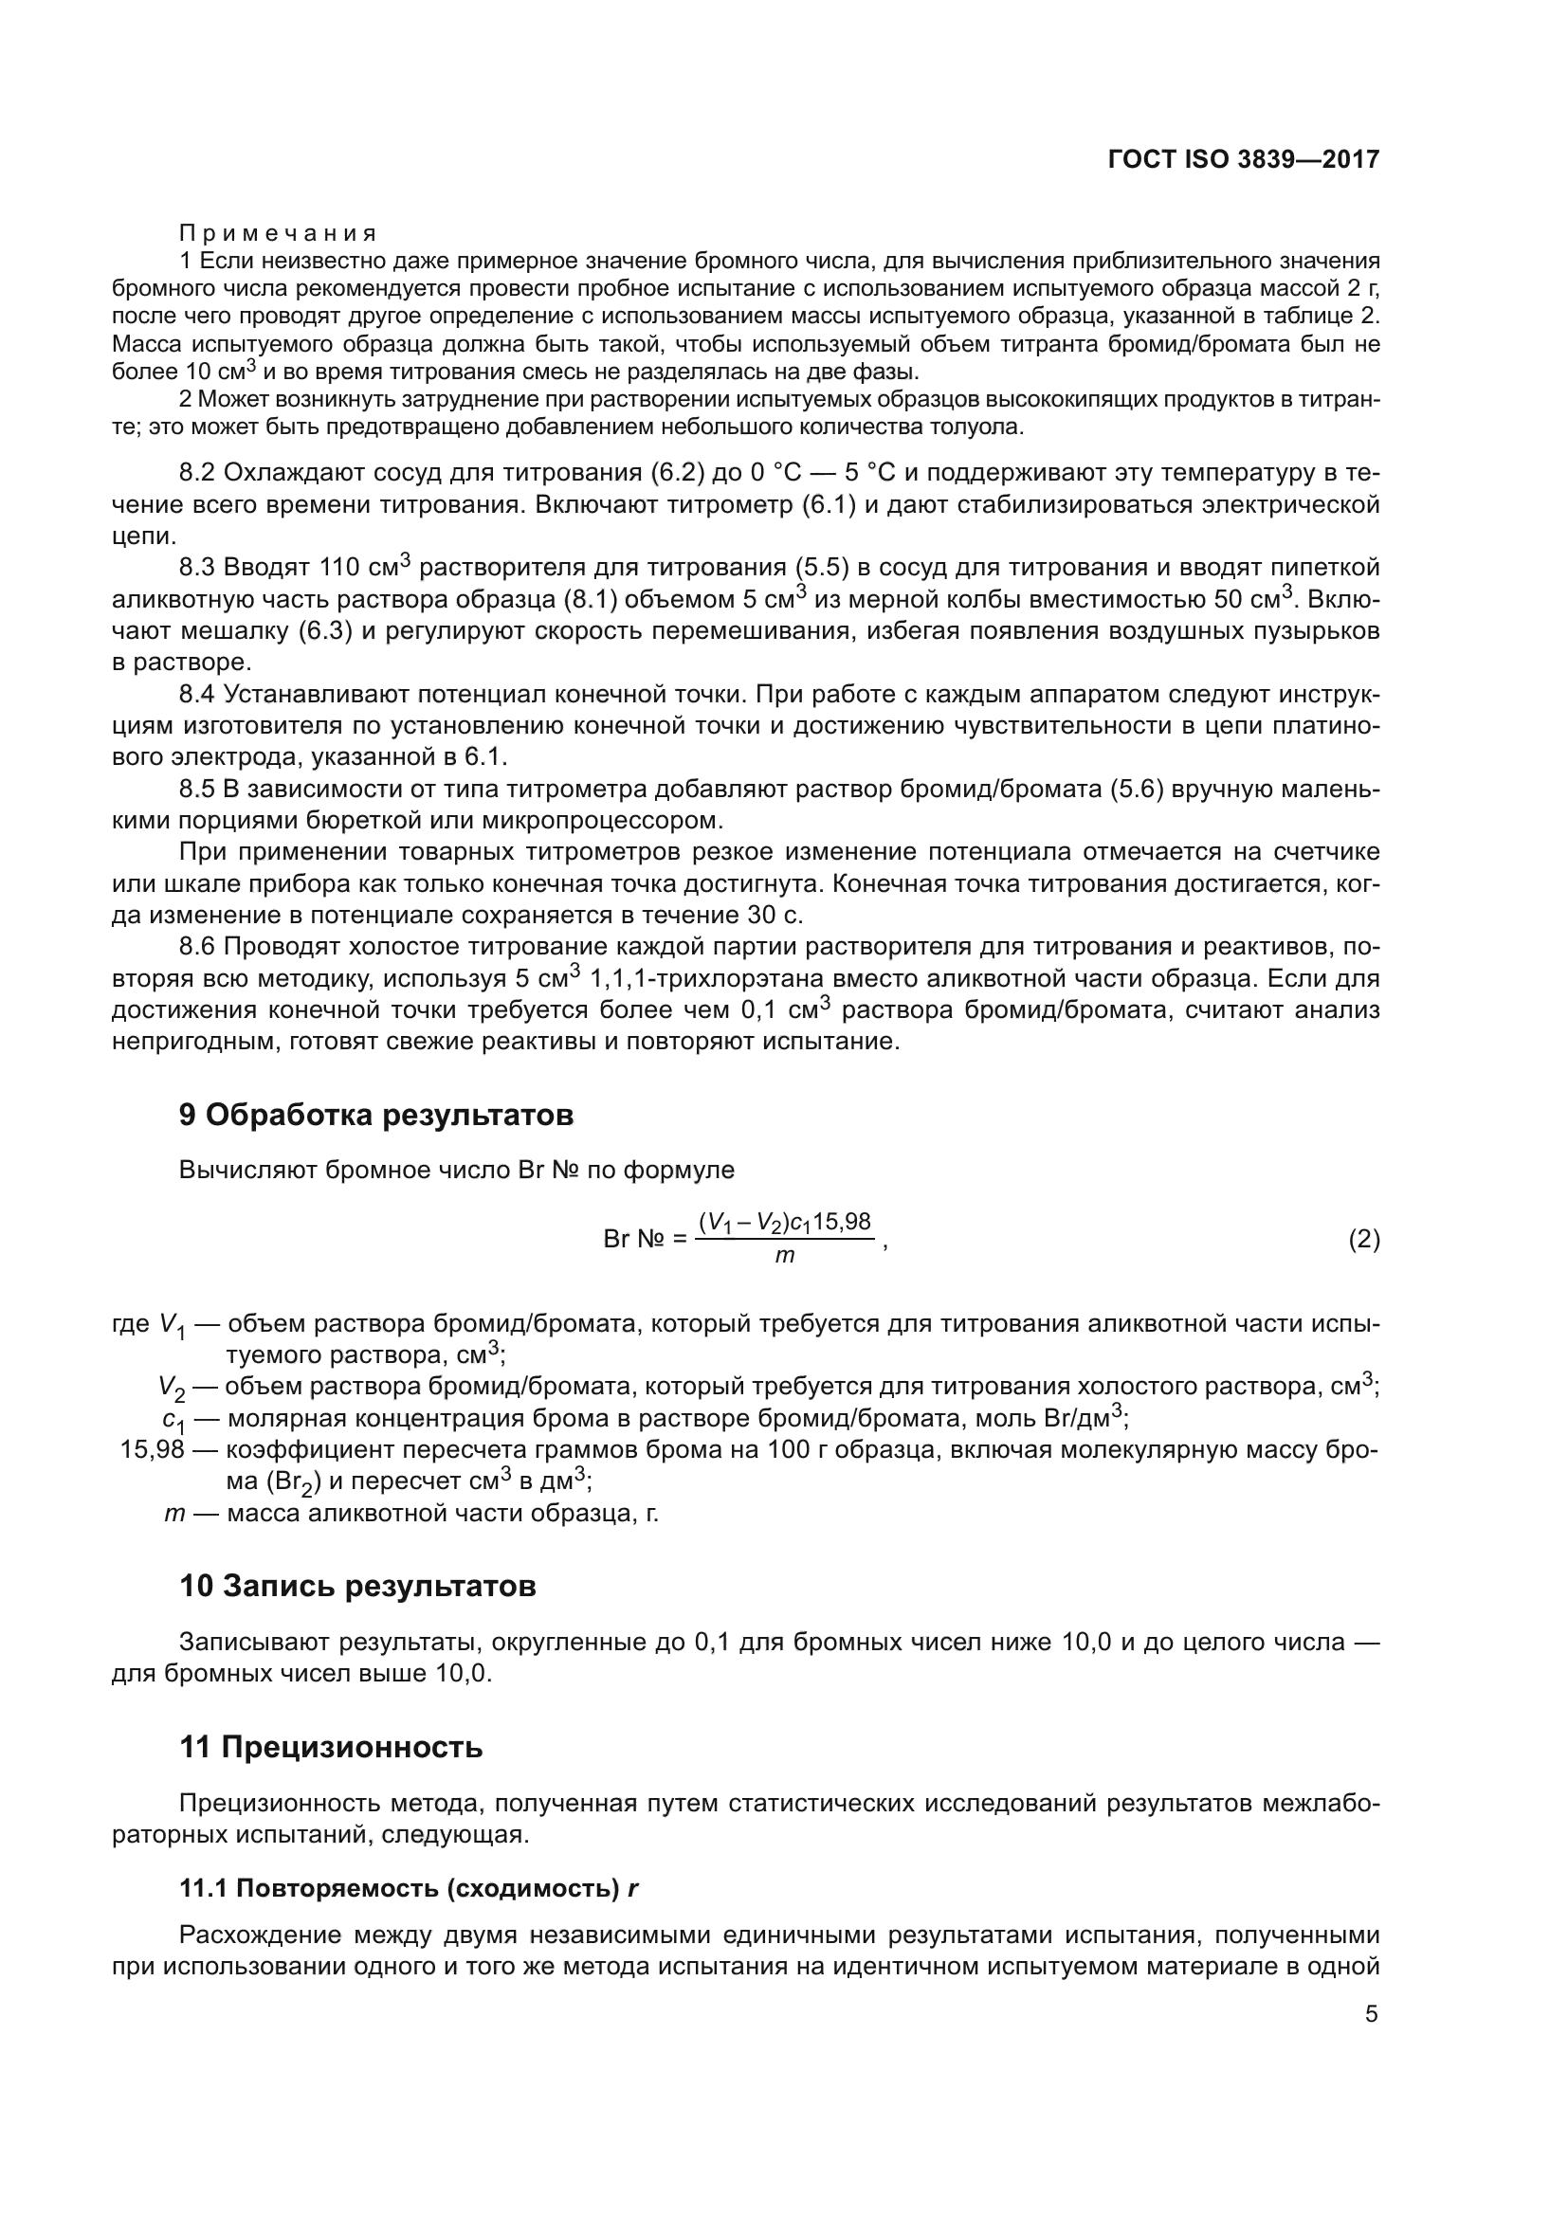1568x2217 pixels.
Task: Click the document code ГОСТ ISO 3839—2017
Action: tap(1244, 160)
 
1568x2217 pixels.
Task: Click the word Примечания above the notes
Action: tap(278, 234)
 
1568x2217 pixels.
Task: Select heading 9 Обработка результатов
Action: tap(375, 1116)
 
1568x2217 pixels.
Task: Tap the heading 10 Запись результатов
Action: tap(357, 1587)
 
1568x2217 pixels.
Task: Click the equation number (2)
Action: tap(1363, 1240)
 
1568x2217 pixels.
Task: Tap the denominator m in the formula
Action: tap(785, 1257)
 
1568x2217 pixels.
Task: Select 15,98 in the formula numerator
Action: tap(842, 1222)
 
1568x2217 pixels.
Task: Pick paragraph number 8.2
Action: tap(198, 473)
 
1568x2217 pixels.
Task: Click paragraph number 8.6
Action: tap(198, 947)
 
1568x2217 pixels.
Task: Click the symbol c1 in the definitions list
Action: tap(173, 1421)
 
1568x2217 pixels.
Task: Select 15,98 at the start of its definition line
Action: tap(152, 1450)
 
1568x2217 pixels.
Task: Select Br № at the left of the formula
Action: tap(632, 1240)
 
